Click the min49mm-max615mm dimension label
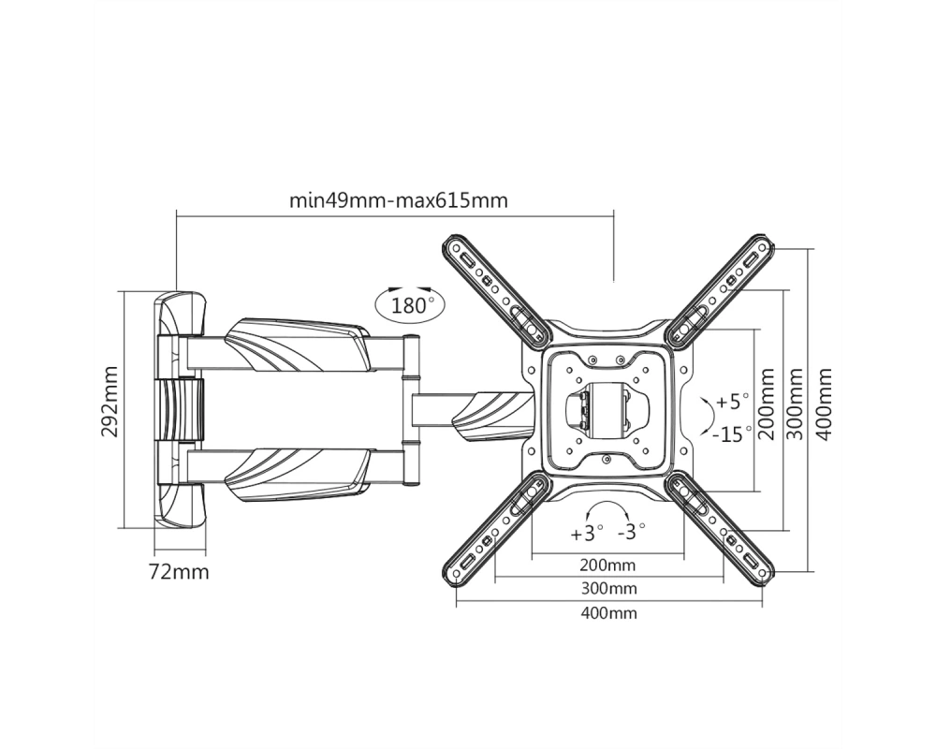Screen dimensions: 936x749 [x=399, y=199]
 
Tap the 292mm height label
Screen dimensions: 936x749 [x=110, y=402]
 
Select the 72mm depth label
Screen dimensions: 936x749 [x=179, y=572]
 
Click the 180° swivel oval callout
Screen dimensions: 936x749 [x=410, y=305]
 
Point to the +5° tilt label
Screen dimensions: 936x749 [x=732, y=402]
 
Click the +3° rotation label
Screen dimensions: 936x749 [x=587, y=534]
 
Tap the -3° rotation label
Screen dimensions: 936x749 [x=631, y=531]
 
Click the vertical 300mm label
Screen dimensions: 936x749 [x=795, y=404]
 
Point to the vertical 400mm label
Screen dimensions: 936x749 [x=824, y=404]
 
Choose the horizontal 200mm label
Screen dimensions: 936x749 [x=607, y=565]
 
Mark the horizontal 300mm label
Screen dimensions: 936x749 [x=609, y=589]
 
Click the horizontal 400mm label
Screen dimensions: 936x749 [x=609, y=613]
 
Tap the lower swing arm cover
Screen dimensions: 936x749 [x=297, y=475]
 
